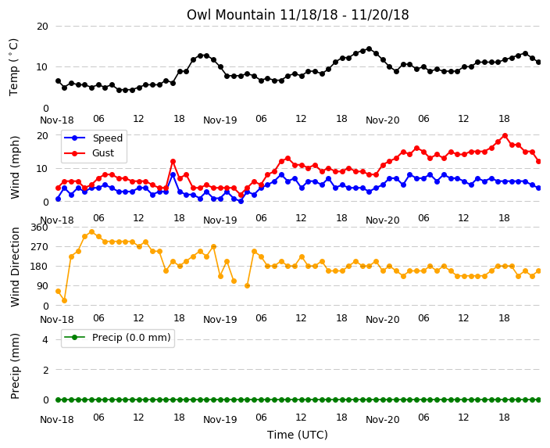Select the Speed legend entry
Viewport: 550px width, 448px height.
[x=93, y=138]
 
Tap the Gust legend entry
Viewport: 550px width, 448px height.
[x=89, y=153]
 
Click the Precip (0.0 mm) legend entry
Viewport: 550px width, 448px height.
[x=117, y=338]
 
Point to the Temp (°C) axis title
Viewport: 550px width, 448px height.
[x=13, y=67]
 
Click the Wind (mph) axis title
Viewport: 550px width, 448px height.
[x=15, y=167]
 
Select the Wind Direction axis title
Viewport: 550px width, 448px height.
[x=15, y=267]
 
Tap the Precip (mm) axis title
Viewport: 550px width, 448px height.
[x=15, y=366]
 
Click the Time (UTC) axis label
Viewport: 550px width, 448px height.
[x=298, y=435]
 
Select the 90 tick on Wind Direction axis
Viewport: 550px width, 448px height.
[x=42, y=286]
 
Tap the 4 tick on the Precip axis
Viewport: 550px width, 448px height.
[x=45, y=339]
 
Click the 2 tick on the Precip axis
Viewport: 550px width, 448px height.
[x=45, y=370]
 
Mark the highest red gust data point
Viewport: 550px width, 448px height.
[x=505, y=135]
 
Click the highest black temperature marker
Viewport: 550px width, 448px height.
[x=369, y=48]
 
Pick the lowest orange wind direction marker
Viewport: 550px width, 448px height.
[x=65, y=300]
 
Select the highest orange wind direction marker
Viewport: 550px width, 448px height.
[x=92, y=231]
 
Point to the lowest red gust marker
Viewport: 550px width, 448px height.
[x=241, y=195]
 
